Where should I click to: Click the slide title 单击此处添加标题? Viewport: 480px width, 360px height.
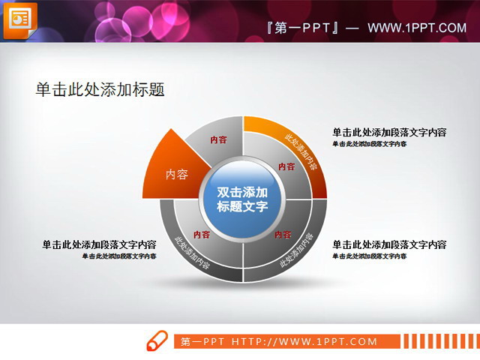100,89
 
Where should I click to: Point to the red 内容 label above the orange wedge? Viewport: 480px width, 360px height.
218,139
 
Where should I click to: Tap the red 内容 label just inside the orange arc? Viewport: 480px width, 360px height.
286,166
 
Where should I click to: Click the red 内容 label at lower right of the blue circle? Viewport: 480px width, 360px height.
283,234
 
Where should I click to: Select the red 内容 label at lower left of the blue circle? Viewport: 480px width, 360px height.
201,234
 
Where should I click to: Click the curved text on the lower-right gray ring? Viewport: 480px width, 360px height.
297,251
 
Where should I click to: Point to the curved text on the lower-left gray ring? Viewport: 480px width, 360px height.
191,253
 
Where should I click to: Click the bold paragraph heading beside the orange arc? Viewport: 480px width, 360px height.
389,133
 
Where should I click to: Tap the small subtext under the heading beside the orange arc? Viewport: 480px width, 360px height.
370,143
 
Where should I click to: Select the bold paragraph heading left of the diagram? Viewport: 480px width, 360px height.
99,244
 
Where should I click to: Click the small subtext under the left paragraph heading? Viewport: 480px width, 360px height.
119,256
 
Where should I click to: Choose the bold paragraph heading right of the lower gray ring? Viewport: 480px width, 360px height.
389,244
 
